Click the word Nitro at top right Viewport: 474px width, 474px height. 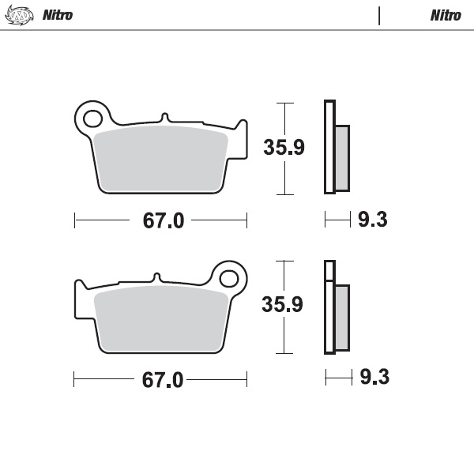click(x=446, y=16)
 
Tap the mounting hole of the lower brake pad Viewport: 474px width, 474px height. click(x=229, y=278)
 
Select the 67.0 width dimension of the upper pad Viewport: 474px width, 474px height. click(x=164, y=221)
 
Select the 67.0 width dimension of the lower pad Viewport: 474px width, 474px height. click(x=163, y=380)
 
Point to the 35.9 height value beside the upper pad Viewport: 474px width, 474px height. click(x=284, y=148)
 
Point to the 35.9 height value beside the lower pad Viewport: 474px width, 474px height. click(x=284, y=305)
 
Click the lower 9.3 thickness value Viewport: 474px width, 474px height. click(x=374, y=378)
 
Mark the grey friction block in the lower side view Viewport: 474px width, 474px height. click(x=341, y=317)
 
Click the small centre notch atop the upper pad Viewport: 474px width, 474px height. click(x=164, y=117)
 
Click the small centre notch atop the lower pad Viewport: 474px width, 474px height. click(x=158, y=277)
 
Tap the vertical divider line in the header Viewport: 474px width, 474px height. click(x=379, y=16)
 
